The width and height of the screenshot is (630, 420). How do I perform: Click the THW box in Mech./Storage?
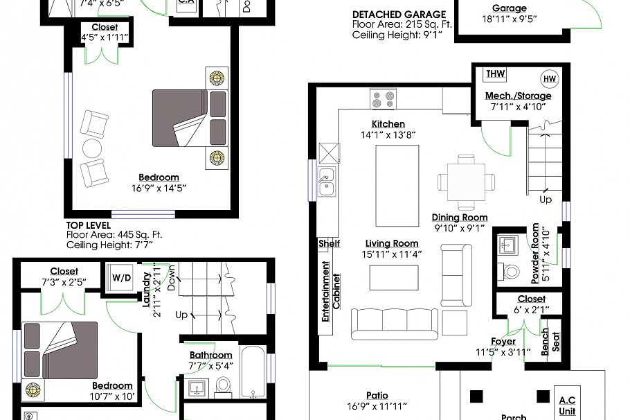pyautogui.click(x=495, y=74)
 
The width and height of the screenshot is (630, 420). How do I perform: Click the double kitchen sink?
pyautogui.click(x=327, y=181)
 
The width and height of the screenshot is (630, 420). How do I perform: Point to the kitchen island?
pyautogui.click(x=396, y=185)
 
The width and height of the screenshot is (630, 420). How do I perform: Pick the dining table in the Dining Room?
pyautogui.click(x=467, y=182)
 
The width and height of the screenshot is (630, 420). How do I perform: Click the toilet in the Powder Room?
pyautogui.click(x=512, y=270)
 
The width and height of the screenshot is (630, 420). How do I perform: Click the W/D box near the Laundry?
pyautogui.click(x=122, y=277)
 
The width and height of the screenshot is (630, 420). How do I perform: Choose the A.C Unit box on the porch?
pyautogui.click(x=567, y=404)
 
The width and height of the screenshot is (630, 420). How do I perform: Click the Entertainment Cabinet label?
pyautogui.click(x=330, y=291)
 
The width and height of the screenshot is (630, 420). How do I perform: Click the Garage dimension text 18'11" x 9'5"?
pyautogui.click(x=509, y=20)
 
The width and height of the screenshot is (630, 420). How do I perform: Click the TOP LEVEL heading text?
pyautogui.click(x=88, y=225)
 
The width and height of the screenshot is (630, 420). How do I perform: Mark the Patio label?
pyautogui.click(x=376, y=396)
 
